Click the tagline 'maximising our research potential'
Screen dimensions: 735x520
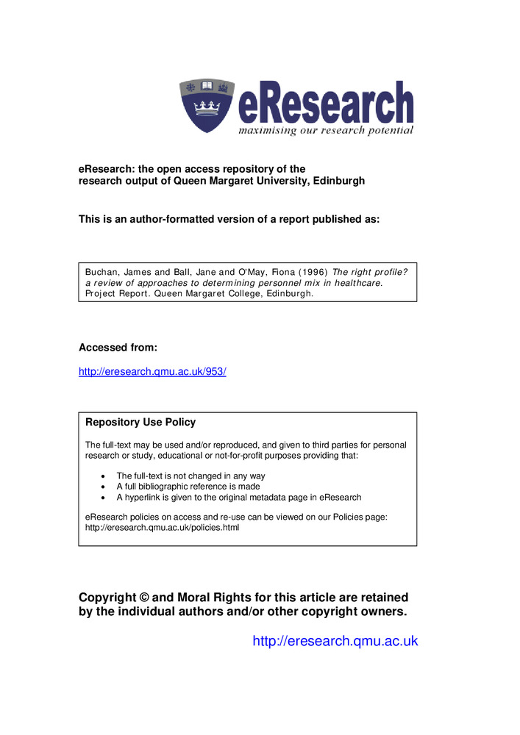tap(325, 130)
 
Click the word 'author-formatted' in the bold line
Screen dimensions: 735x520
tap(165, 219)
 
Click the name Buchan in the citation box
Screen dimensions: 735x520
tap(103, 271)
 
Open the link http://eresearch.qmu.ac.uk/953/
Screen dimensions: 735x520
tap(152, 372)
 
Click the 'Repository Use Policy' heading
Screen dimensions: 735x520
tap(140, 423)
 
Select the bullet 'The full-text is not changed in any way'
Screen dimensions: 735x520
tap(190, 476)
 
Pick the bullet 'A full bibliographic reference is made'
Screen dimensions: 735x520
tap(188, 487)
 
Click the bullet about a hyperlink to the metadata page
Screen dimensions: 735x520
tap(238, 497)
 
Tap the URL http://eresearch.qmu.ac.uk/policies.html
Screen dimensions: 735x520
tap(163, 527)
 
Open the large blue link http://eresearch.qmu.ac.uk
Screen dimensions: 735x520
tap(335, 641)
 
